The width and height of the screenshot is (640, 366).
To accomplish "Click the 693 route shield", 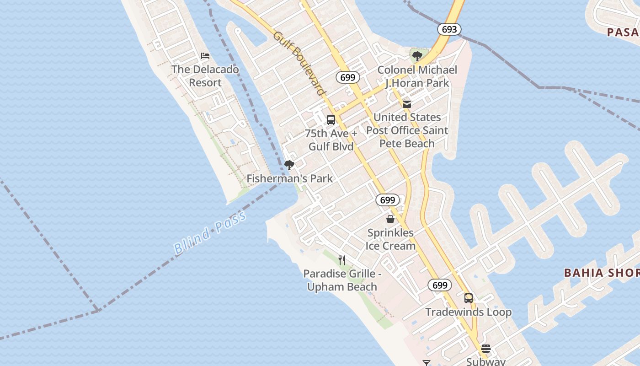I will (449, 29).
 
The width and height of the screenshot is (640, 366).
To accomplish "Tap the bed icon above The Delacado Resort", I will (205, 56).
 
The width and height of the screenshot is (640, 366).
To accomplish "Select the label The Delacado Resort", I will (205, 76).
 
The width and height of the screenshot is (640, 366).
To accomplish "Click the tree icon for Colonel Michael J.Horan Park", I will (417, 56).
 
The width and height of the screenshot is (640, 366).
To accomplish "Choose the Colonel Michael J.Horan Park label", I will (417, 76).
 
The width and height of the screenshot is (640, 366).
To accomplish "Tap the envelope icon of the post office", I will (407, 104).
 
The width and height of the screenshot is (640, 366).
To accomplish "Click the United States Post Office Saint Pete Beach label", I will (407, 130).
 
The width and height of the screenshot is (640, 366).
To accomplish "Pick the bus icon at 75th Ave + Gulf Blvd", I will (331, 120).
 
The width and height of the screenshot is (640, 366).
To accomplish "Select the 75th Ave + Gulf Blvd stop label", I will (331, 140).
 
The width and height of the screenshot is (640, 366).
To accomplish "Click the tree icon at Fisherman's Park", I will (289, 165).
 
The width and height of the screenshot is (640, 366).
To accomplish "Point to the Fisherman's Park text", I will (290, 178).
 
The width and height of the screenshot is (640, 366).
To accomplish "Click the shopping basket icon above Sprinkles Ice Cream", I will (390, 219).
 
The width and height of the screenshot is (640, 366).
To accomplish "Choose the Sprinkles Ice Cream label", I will (390, 239).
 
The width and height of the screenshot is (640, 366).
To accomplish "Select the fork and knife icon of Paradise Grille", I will (342, 260).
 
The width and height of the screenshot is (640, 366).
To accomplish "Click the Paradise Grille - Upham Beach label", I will (342, 280).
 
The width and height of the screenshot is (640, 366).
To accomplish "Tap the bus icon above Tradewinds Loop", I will (469, 298).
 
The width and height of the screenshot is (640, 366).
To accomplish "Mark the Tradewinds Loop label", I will (469, 312).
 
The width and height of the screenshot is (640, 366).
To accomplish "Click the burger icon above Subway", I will (485, 349).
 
